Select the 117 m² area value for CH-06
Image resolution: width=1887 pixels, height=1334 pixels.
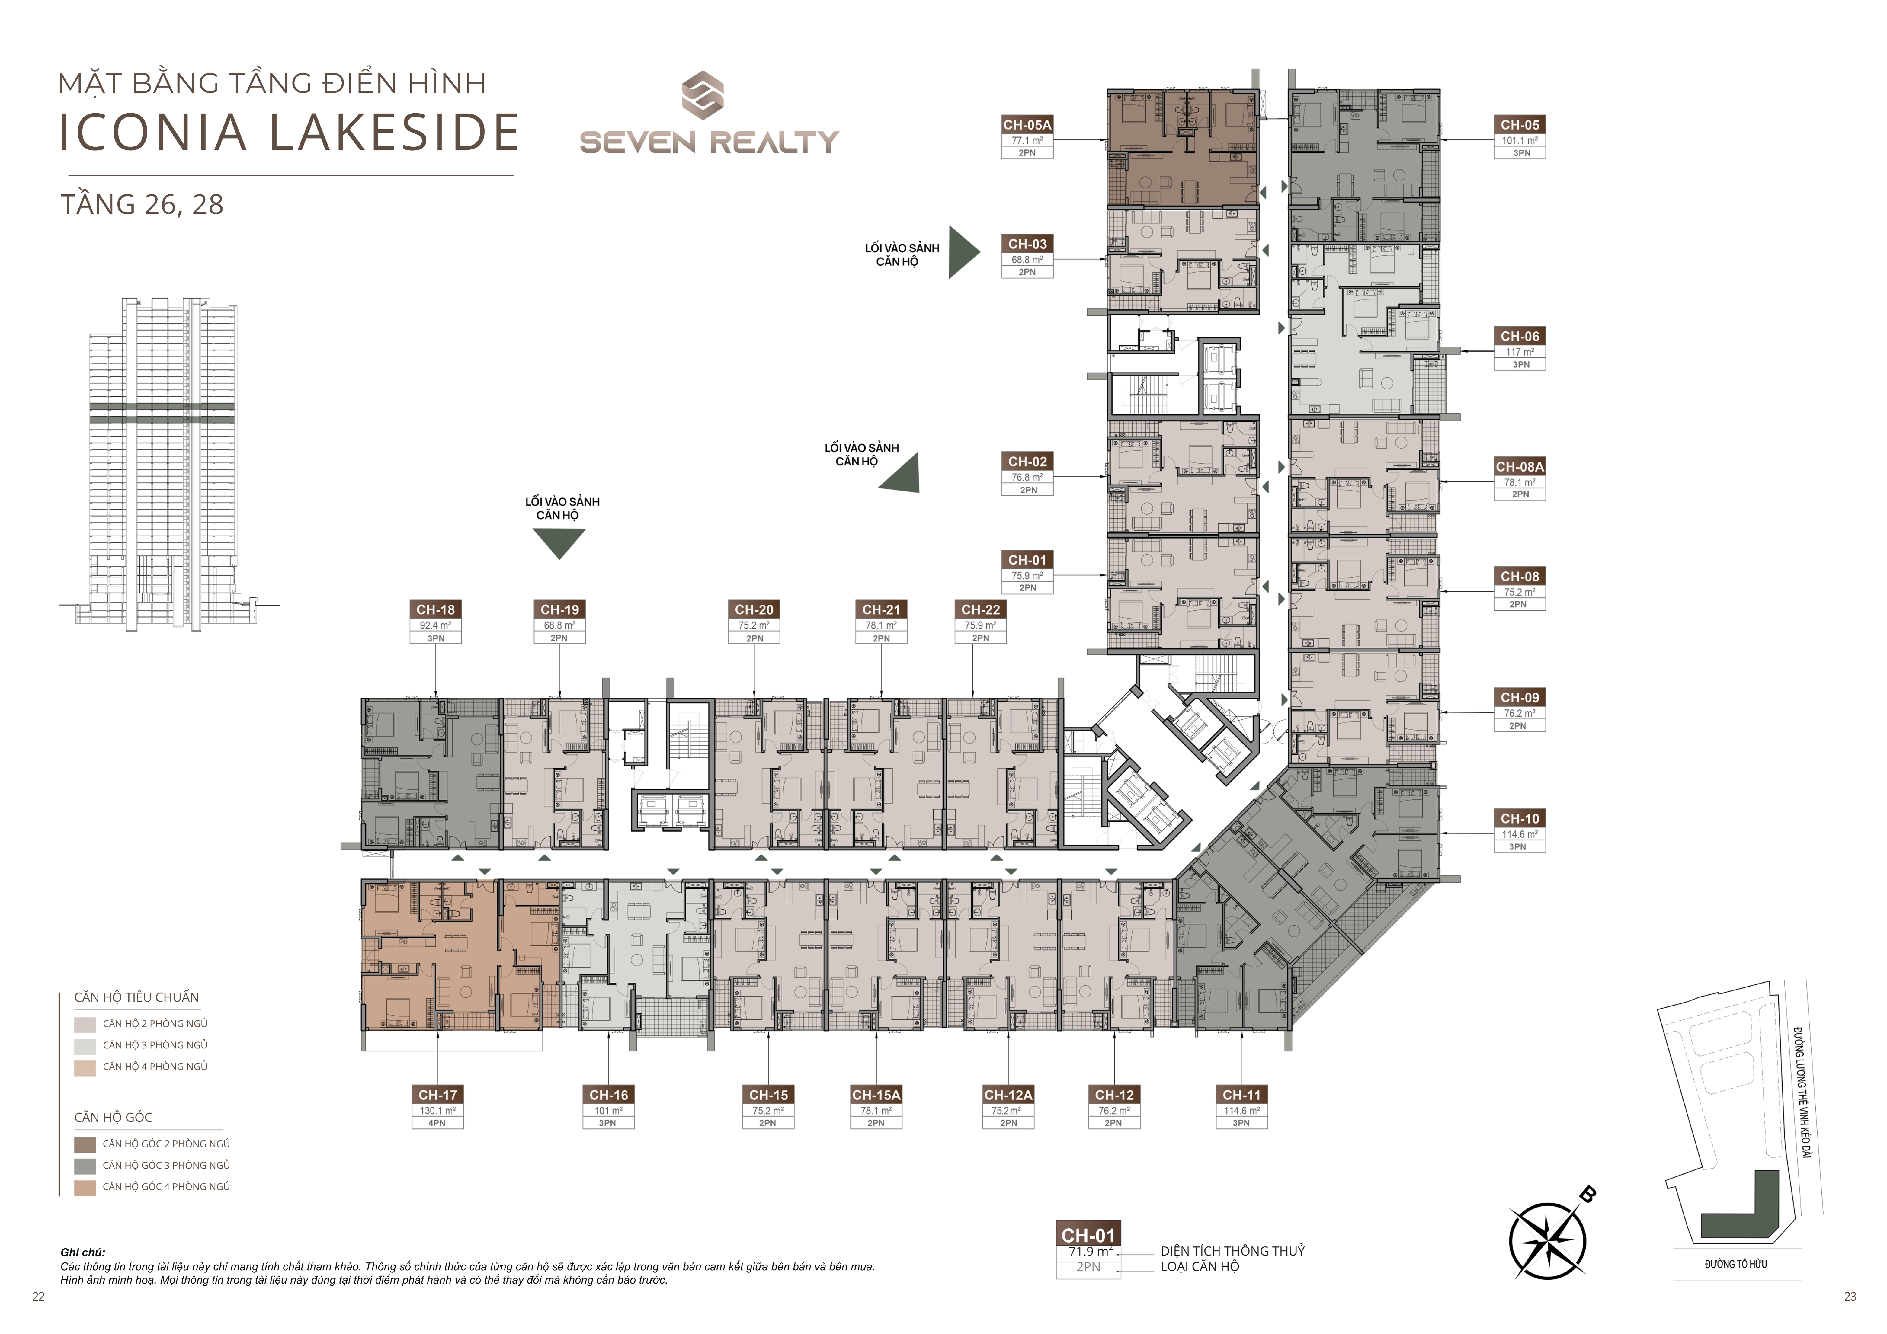(1520, 352)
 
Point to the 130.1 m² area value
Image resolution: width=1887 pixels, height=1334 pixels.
(437, 1110)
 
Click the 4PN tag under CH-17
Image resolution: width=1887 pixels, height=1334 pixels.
(437, 1123)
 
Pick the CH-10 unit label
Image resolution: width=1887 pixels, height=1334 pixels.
(1520, 819)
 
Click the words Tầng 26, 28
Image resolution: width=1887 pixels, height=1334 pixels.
(141, 205)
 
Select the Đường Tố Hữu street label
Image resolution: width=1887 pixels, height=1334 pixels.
(1736, 1264)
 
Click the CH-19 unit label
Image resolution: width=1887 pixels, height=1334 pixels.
(560, 610)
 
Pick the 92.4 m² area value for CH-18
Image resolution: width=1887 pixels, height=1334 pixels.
(436, 625)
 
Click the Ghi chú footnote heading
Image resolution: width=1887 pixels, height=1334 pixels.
(82, 1252)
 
